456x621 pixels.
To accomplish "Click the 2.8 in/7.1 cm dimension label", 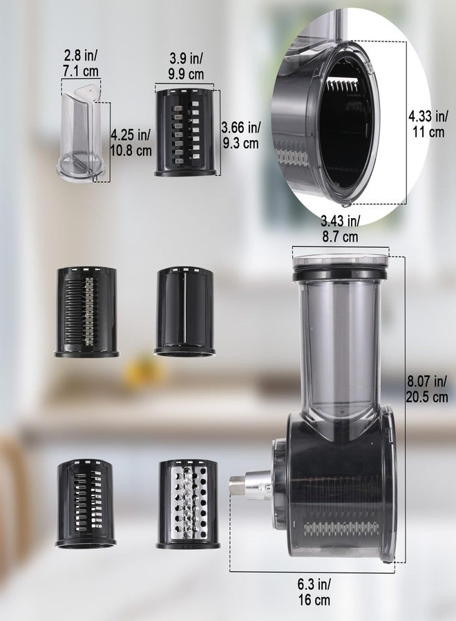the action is pos(81,63).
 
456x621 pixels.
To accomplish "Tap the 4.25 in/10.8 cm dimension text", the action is pos(131,143).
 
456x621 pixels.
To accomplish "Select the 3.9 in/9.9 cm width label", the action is pos(186,66).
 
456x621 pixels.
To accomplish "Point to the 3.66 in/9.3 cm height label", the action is pos(240,135).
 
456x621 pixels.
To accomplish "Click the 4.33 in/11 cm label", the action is pos(428,124).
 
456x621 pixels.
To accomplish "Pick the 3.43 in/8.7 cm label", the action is pos(340,229).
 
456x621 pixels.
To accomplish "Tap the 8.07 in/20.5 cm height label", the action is pos(427,389).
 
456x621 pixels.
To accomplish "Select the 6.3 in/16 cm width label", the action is pos(314,592).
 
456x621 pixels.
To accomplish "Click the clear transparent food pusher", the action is pos(82,132).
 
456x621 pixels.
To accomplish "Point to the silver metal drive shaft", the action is pos(250,485).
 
